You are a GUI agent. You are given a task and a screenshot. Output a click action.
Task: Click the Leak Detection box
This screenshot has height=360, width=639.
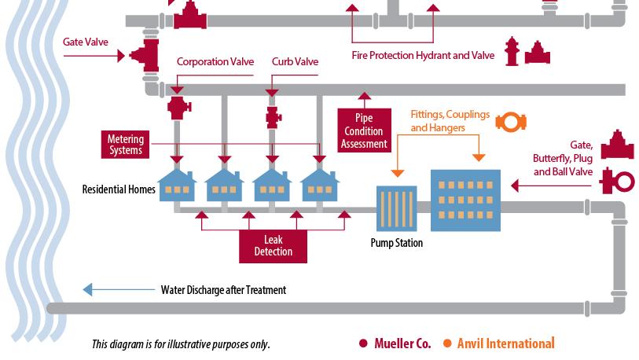(273, 246)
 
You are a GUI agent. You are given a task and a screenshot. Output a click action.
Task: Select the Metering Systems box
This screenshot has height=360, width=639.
(126, 145)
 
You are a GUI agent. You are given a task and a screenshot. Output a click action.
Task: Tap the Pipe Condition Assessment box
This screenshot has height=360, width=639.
(364, 131)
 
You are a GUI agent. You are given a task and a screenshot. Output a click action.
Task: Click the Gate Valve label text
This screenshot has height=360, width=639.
(86, 42)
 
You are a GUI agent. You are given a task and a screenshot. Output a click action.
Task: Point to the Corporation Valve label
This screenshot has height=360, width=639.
(215, 61)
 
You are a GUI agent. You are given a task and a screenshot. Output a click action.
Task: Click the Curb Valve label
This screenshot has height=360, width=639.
(295, 61)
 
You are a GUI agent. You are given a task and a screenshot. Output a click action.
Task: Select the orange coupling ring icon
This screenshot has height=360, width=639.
(511, 122)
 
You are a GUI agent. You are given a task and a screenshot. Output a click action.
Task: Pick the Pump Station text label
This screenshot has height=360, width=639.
(396, 243)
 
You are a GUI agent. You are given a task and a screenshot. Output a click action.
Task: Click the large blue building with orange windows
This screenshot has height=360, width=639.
(465, 200)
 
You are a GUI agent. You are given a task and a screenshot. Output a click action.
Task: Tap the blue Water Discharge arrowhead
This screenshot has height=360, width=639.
(88, 289)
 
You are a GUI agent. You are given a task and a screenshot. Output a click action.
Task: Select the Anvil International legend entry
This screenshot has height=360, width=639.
(499, 343)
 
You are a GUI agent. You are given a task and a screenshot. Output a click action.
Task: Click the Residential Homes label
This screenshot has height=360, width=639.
(119, 189)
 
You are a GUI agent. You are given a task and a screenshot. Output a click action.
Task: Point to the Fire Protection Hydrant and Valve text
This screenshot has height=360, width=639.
(422, 55)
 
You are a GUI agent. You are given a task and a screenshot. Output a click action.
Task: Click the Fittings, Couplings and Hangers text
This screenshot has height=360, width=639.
(449, 120)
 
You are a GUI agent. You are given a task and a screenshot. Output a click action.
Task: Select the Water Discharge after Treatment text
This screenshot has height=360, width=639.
(223, 290)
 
